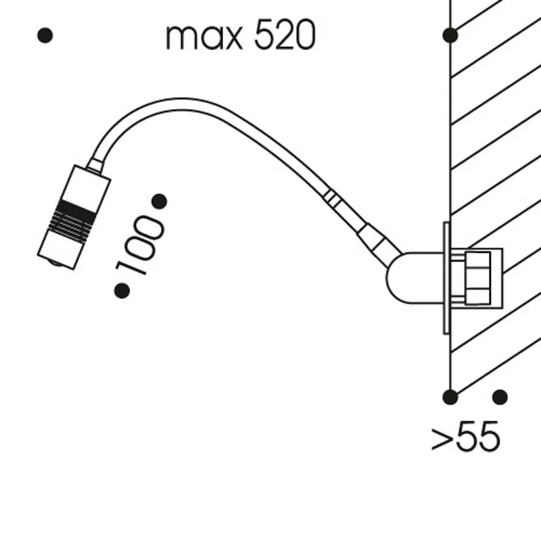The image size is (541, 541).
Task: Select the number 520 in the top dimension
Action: [x=285, y=34]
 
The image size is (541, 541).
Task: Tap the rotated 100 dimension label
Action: [x=140, y=245]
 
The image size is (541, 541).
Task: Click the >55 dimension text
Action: [x=465, y=436]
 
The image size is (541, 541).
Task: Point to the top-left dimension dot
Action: [x=45, y=35]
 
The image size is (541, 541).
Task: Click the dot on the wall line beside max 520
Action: [x=450, y=35]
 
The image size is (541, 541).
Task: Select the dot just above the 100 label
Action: [x=160, y=202]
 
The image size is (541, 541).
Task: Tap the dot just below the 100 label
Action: [x=122, y=291]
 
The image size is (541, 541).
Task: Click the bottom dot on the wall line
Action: [x=450, y=397]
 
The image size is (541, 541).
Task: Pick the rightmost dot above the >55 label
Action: [x=500, y=397]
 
